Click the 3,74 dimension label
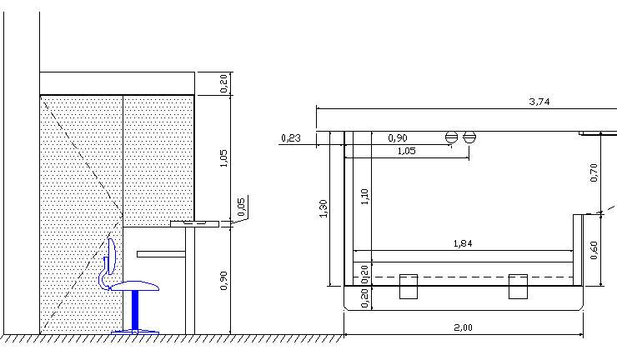(540, 102)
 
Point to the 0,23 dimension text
(291, 137)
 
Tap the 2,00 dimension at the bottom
(464, 327)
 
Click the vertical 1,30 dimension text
(324, 210)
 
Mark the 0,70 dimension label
(594, 172)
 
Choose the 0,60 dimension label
(594, 250)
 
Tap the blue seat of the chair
(135, 286)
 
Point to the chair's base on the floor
(135, 332)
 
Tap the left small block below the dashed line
(409, 286)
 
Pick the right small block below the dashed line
(518, 286)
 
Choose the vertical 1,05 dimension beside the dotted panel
(223, 158)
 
